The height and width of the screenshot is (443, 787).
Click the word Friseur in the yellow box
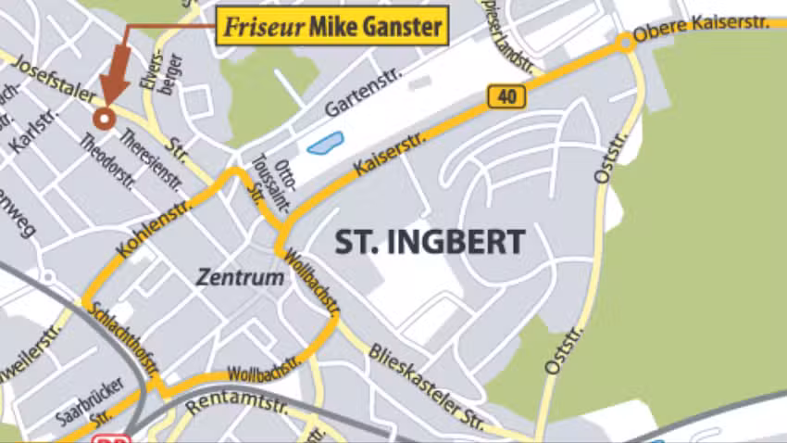(262, 28)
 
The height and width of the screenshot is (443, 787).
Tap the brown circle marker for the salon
(104, 118)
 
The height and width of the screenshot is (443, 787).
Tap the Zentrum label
(240, 277)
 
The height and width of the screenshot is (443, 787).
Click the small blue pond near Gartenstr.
(324, 144)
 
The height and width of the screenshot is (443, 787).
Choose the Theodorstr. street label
(108, 161)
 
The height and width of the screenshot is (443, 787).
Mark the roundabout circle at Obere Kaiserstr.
(627, 42)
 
